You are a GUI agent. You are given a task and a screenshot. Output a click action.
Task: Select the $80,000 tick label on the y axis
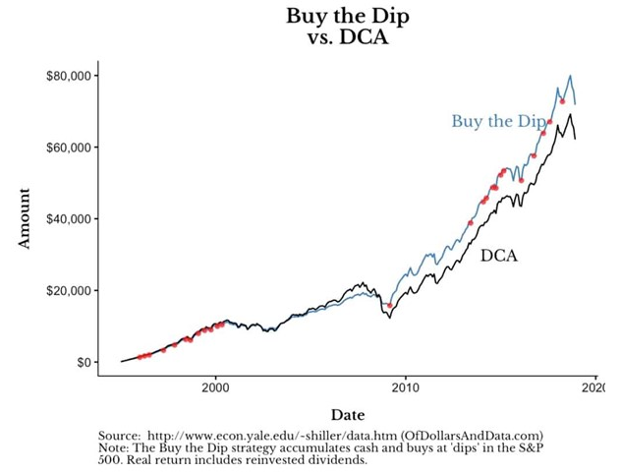[x=68, y=76]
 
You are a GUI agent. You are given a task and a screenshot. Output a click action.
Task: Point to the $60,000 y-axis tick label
[x=68, y=148]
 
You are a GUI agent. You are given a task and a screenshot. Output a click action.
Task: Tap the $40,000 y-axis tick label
[x=68, y=218]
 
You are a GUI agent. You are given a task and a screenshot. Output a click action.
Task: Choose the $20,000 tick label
[x=68, y=291]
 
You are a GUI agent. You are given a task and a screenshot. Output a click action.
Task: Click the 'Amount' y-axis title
[x=27, y=218]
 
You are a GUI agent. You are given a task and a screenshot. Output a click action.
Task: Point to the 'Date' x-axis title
[x=348, y=415]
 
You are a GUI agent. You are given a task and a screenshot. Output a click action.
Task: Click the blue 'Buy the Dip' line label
[x=497, y=122]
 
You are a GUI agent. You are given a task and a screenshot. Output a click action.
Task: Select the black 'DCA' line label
[x=499, y=256]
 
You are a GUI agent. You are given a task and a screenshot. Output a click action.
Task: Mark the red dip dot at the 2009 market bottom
[x=390, y=306]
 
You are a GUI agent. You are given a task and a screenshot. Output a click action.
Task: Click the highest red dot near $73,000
[x=562, y=101]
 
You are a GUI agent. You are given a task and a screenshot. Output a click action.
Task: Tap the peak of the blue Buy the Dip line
[x=570, y=76]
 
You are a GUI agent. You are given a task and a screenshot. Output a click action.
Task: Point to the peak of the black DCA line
[x=570, y=115]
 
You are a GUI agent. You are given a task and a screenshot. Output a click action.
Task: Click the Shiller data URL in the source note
[x=266, y=436]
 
